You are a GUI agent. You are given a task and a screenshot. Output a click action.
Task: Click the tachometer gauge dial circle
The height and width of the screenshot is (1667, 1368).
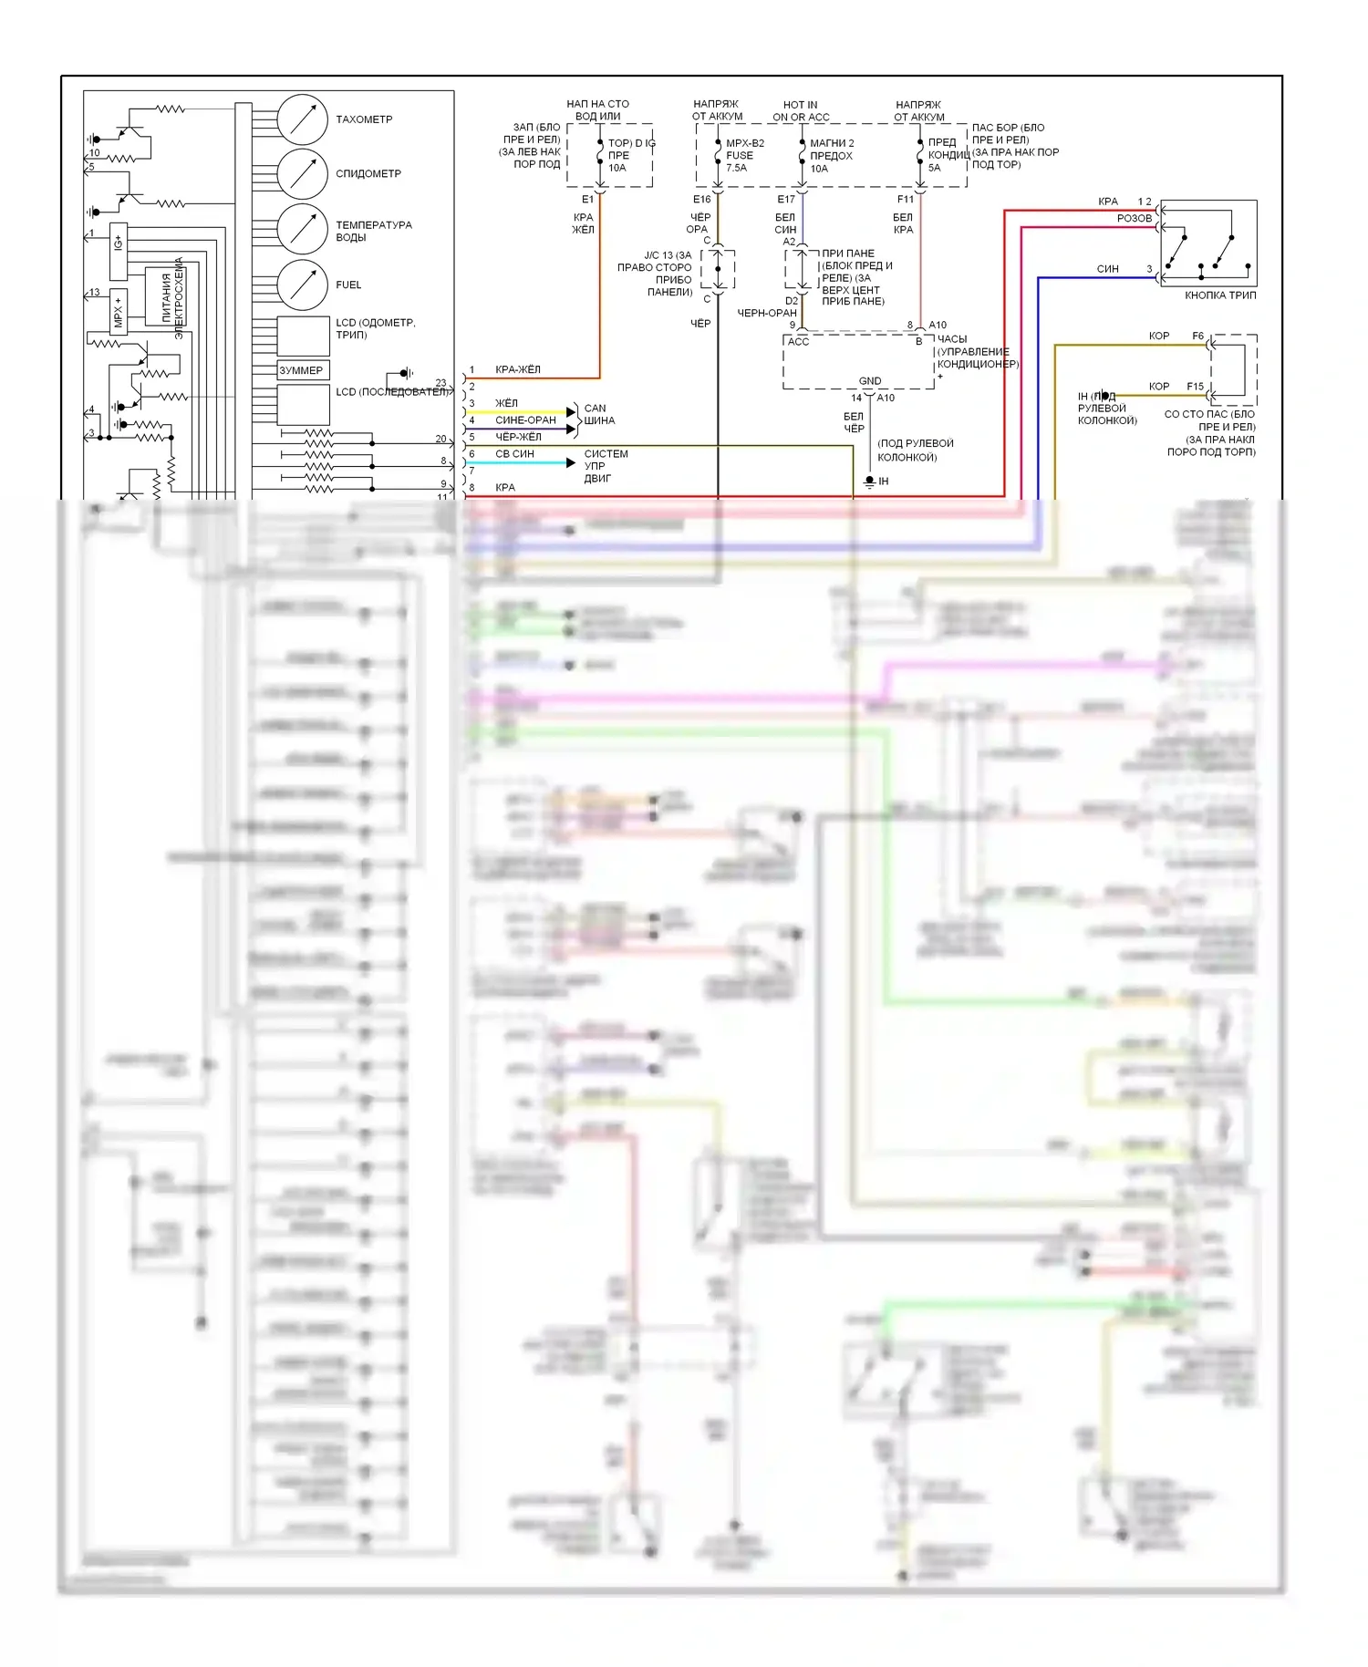302,119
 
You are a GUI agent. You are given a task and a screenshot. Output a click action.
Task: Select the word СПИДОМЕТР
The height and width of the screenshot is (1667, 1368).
368,173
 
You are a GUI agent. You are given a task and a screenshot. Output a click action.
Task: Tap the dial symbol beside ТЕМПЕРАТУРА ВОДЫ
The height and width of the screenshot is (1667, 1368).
302,228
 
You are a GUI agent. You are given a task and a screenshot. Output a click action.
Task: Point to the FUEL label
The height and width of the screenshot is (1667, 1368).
348,285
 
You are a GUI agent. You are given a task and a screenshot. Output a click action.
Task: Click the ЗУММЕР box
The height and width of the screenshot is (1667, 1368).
303,370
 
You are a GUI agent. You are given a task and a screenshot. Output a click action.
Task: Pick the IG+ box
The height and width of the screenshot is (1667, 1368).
119,251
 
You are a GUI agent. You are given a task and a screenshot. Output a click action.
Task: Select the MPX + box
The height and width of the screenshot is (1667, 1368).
118,312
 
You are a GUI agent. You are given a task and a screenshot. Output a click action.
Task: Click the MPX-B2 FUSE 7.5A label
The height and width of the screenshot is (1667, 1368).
744,155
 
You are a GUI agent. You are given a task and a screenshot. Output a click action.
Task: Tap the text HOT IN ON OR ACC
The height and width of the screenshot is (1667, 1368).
801,110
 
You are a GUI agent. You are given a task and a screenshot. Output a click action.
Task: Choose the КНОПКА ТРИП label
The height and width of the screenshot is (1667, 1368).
1220,295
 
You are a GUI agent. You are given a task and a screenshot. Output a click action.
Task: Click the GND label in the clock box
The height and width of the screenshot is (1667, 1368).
870,381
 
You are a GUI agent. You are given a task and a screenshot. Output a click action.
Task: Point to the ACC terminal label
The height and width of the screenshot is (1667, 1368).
798,342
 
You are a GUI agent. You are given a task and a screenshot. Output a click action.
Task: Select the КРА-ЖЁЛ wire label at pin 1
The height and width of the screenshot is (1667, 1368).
518,369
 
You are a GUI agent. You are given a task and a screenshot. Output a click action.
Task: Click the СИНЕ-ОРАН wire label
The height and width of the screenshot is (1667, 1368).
525,420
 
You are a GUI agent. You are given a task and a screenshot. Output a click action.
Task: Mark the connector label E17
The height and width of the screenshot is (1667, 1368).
786,199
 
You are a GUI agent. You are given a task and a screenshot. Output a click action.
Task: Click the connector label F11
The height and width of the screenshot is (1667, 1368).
906,199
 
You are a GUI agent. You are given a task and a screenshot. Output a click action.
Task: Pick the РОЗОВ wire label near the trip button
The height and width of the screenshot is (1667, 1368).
1135,219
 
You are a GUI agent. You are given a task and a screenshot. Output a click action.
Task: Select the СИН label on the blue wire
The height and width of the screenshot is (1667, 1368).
1108,269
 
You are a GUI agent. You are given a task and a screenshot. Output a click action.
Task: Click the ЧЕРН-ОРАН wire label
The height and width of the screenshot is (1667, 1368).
767,313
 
